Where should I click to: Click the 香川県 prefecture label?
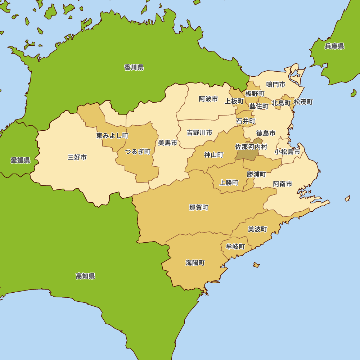click(134, 67)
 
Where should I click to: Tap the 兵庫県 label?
click(334, 46)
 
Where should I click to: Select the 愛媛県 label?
click(20, 160)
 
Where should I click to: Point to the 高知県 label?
click(85, 276)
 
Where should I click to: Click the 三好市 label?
click(77, 157)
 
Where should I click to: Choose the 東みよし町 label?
click(112, 136)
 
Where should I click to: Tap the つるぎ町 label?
click(138, 152)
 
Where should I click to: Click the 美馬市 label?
click(167, 143)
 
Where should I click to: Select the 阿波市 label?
click(208, 99)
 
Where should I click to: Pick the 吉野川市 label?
click(199, 133)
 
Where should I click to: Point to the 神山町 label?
click(214, 155)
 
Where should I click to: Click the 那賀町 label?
click(199, 207)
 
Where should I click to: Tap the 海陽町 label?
click(195, 263)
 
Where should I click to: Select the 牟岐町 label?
click(235, 247)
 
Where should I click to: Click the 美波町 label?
click(257, 229)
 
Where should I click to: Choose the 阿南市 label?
click(282, 184)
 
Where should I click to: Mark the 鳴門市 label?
click(276, 84)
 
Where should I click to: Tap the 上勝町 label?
click(229, 183)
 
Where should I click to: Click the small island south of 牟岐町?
click(256, 265)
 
